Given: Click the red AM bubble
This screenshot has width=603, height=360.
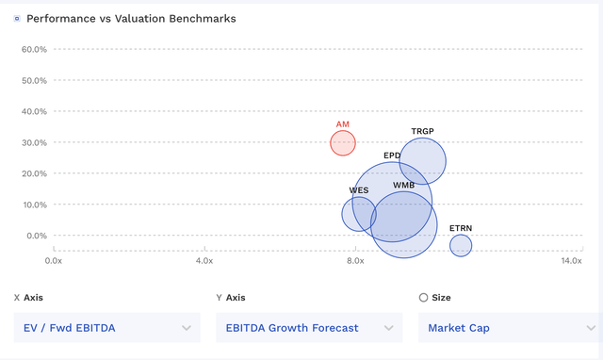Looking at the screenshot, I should click(343, 143).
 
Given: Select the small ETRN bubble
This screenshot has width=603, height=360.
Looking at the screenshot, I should click(460, 245).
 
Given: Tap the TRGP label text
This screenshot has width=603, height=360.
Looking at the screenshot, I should click(422, 131).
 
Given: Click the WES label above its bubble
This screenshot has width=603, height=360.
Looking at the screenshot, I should click(359, 189).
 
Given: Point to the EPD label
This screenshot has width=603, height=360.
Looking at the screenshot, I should click(392, 155).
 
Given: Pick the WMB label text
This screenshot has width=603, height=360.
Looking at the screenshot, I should click(404, 186).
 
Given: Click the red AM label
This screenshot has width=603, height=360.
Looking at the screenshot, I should click(343, 124).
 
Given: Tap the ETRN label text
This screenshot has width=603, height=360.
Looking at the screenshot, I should click(461, 228).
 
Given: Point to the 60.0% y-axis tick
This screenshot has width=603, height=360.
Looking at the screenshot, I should click(35, 49).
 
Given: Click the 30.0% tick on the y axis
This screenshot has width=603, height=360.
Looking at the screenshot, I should click(35, 142).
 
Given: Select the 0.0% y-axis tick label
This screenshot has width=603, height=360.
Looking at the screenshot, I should click(37, 236).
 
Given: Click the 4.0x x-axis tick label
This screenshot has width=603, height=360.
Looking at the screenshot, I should click(204, 260).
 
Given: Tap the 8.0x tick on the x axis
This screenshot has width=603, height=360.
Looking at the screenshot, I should click(355, 260).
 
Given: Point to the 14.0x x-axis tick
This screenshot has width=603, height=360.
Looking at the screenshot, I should click(571, 260).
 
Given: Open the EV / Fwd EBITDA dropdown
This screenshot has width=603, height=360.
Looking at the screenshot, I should click(107, 328).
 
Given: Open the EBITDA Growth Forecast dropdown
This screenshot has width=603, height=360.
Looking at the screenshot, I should click(308, 328).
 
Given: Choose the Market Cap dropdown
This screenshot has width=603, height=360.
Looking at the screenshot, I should click(509, 328).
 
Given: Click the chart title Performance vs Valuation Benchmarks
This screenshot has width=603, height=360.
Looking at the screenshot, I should click(131, 18).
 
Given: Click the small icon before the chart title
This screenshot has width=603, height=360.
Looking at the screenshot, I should click(16, 19).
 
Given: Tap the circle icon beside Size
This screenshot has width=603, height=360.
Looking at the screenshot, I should click(423, 297).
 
